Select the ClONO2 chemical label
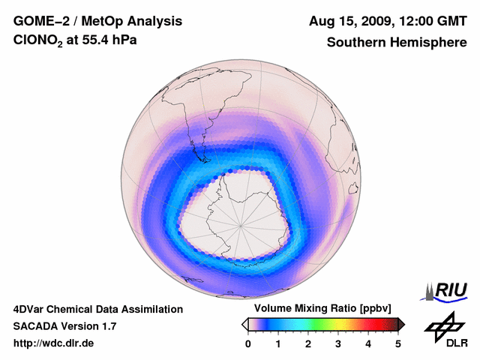41,43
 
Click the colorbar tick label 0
248,343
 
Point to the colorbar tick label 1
278,343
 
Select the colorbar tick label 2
308,343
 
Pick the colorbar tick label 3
338,343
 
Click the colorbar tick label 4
368,343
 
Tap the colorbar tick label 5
398,343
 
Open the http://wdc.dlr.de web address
54,343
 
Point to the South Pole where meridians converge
241,224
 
